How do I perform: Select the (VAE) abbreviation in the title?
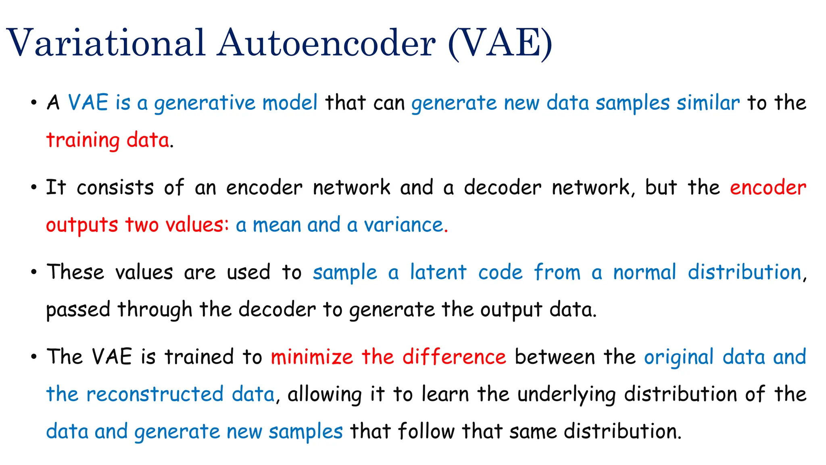tap(500, 43)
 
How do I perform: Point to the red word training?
tap(83, 141)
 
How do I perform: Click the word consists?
tap(115, 188)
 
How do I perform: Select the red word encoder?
tap(768, 188)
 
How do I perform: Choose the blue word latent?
tap(438, 272)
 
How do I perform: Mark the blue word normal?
tap(644, 272)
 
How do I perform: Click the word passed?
tap(78, 310)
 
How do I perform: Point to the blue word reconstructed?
tap(155, 394)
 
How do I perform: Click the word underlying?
tap(566, 394)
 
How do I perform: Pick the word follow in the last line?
tap(426, 431)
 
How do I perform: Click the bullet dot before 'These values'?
tap(34, 272)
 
